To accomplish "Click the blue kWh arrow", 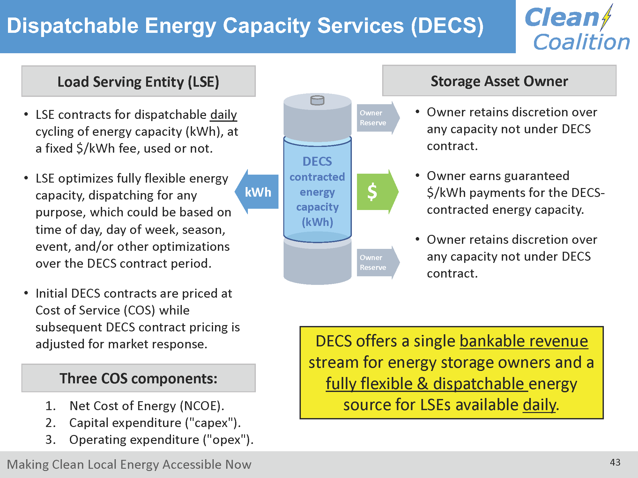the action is pos(257,192).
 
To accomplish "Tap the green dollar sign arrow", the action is pos(378,192).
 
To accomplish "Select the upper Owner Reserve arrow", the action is pos(378,118).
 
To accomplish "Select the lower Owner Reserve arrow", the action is pos(378,263).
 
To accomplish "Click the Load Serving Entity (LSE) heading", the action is pos(138,82).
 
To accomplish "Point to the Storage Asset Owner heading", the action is pos(499,81).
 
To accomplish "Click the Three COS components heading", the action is pos(138,378).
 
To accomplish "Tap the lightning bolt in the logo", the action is pos(606,17).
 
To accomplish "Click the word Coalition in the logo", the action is pos(582,42).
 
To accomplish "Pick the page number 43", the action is pos(615,462).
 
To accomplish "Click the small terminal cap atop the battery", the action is pos(317,100).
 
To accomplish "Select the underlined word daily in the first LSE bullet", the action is pos(223,115).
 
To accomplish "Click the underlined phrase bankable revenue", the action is pos(524,341).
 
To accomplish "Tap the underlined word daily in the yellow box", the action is pos(539,405).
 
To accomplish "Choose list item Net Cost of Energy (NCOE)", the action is pos(147,406).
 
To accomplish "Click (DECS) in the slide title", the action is pos(447,25).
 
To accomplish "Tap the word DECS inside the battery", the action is pos(317,162).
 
